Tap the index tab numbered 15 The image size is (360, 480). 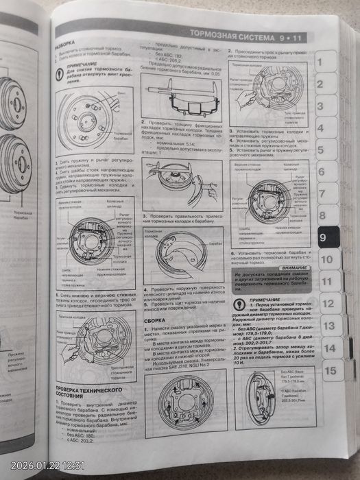click(330, 371)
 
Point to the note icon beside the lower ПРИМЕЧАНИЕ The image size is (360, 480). click(237, 305)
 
